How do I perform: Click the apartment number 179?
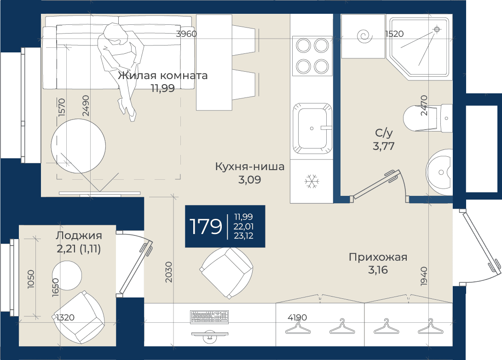206,226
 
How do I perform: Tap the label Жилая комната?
162,76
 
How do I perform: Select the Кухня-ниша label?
250,166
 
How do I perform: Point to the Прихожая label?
378,257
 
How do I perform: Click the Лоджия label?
79,235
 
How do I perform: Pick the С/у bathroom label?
384,133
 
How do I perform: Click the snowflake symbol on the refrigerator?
312,181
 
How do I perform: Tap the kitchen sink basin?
312,128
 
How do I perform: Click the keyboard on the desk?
210,317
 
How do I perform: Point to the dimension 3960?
186,34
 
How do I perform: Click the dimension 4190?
297,317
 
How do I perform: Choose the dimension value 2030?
169,272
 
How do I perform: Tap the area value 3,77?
384,146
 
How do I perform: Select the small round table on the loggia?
67,275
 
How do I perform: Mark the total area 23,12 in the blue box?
243,236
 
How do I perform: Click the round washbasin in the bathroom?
439,172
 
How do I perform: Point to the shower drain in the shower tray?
437,29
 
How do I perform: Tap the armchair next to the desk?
226,273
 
